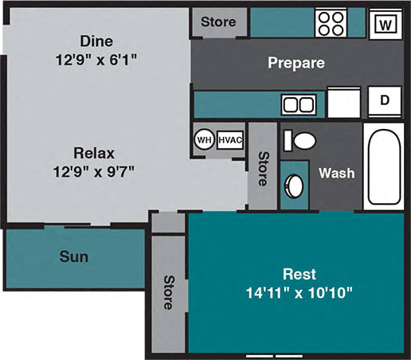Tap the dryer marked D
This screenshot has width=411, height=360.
click(384, 101)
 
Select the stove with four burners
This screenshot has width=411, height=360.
click(329, 22)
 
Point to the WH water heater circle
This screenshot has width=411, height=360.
click(204, 139)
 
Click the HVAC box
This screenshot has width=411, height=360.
click(230, 139)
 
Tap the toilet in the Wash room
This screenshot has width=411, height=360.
click(302, 142)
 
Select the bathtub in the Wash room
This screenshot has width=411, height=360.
click(384, 166)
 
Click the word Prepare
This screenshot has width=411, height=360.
click(296, 63)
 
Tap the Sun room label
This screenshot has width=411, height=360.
click(73, 257)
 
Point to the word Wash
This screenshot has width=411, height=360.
click(336, 173)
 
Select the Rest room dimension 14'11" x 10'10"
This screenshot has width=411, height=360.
click(299, 292)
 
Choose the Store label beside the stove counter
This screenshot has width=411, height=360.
click(217, 22)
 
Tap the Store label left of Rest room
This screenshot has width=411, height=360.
click(168, 292)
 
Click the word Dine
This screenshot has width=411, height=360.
click(96, 40)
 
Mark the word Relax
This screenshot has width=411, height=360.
click(96, 152)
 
